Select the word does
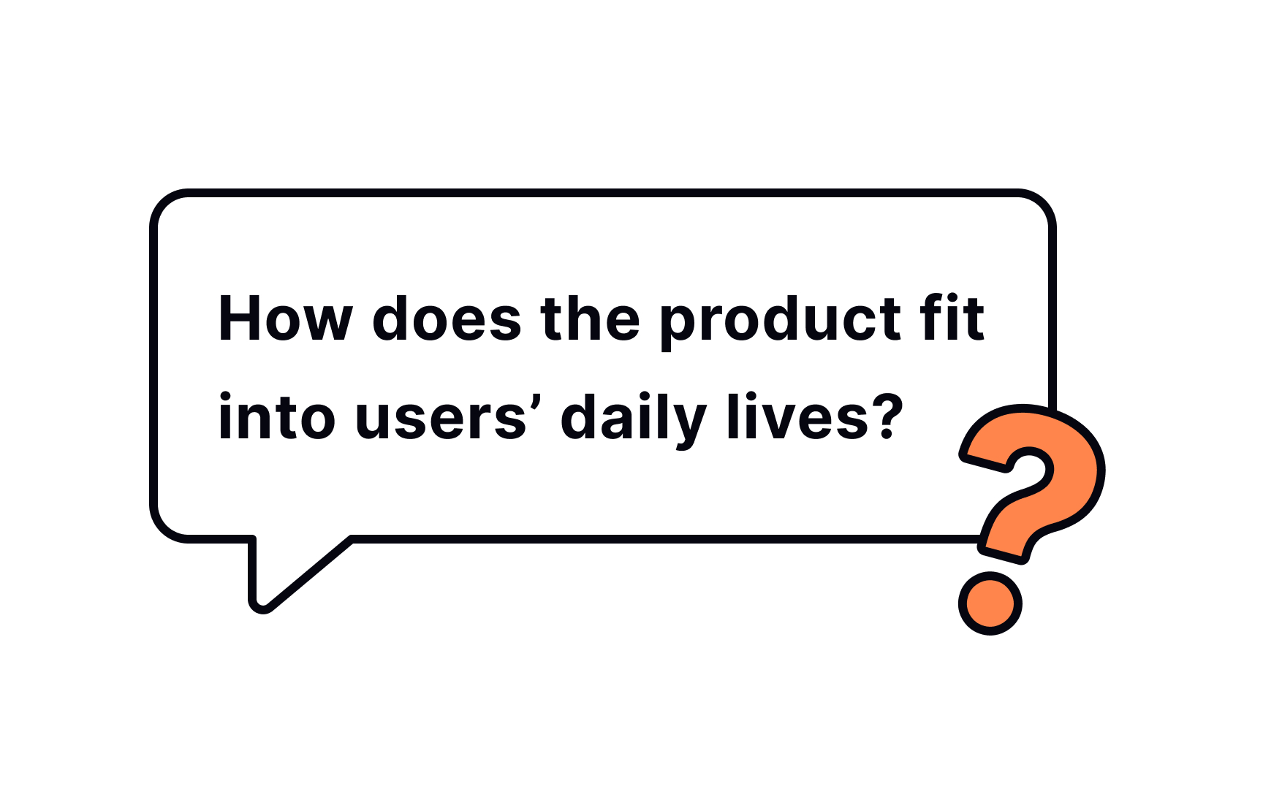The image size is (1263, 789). [x=447, y=319]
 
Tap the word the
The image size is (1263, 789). [x=590, y=319]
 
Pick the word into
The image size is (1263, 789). [x=276, y=418]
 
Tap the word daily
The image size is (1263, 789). [x=632, y=419]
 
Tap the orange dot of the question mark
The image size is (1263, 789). [x=990, y=603]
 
